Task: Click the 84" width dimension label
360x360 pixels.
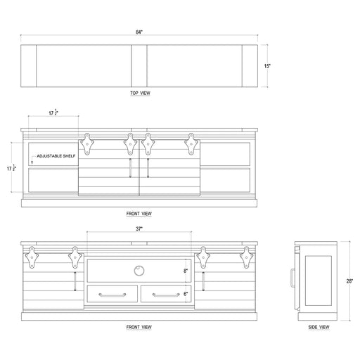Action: (x=139, y=32)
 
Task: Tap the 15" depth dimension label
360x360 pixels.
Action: (x=267, y=66)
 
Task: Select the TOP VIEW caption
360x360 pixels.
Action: (x=140, y=93)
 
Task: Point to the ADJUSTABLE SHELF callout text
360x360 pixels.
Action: (x=56, y=156)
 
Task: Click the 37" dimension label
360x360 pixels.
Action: (x=139, y=229)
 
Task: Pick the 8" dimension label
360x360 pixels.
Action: (x=186, y=271)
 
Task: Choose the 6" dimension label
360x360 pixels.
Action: (x=186, y=294)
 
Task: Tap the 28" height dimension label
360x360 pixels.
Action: (x=349, y=281)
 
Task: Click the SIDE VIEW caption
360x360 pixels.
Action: (x=319, y=327)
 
